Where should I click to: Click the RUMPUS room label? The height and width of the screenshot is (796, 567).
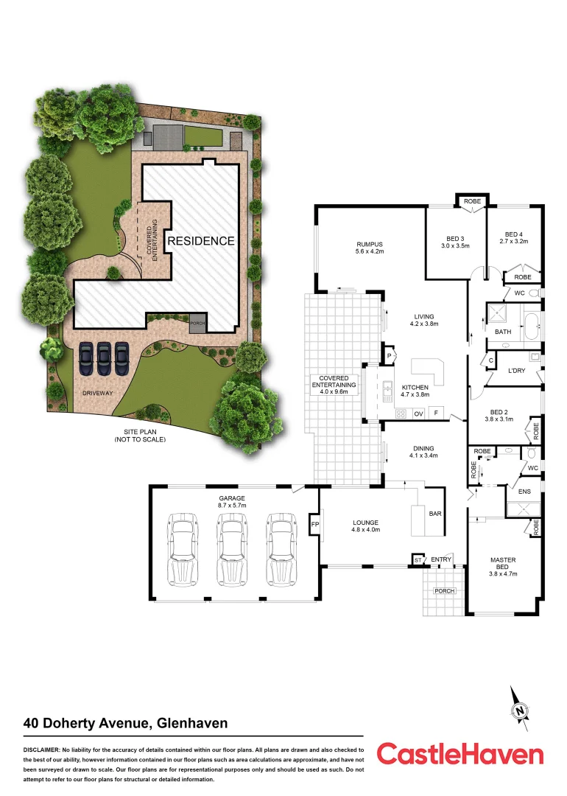[370, 244]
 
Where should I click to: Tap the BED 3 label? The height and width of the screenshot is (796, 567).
[455, 237]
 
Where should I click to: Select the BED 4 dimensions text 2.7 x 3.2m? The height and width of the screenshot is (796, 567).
[515, 241]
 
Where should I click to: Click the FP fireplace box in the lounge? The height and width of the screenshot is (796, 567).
[314, 525]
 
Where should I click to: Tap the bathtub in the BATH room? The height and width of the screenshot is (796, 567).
[530, 325]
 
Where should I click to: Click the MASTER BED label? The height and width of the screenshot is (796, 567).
[504, 563]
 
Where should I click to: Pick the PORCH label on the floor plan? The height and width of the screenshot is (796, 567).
[444, 591]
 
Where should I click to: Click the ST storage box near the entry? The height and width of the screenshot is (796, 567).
[418, 560]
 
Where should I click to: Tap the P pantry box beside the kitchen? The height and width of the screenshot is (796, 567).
[388, 356]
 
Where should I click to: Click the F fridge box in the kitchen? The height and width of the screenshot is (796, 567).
[437, 413]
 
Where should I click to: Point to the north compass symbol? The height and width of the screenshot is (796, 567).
[521, 711]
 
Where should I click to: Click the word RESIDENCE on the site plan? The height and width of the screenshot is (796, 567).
[200, 241]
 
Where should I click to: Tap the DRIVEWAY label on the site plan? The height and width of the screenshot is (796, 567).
[98, 393]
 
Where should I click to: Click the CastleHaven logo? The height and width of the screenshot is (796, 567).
[460, 755]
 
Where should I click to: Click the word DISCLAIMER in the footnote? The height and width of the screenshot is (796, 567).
[43, 749]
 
